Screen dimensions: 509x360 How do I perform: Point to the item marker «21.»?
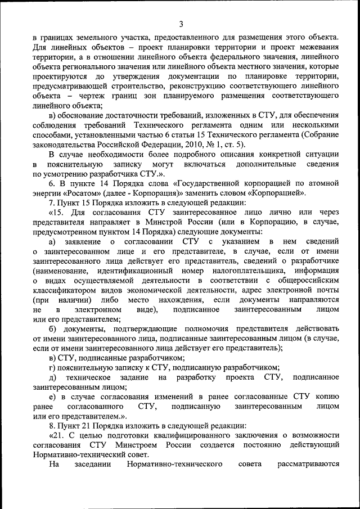[x=57, y=435]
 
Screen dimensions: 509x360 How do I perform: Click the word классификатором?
[x=63, y=290]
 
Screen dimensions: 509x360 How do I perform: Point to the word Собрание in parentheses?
[x=321, y=134]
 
